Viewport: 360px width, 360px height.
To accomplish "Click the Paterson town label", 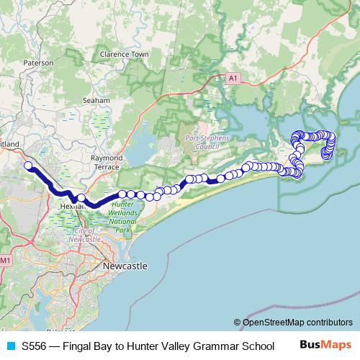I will click(38, 63).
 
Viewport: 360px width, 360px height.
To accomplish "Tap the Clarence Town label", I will click(125, 54).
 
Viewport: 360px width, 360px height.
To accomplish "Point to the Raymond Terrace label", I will click(107, 162).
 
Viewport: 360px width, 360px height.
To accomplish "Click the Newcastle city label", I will click(126, 266).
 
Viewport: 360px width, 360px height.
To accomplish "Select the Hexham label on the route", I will click(73, 205).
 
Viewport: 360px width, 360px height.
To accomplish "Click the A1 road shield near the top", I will click(233, 77).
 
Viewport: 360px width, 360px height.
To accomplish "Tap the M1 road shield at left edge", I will click(6, 259).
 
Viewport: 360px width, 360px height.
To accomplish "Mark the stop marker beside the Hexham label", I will click(81, 198).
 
